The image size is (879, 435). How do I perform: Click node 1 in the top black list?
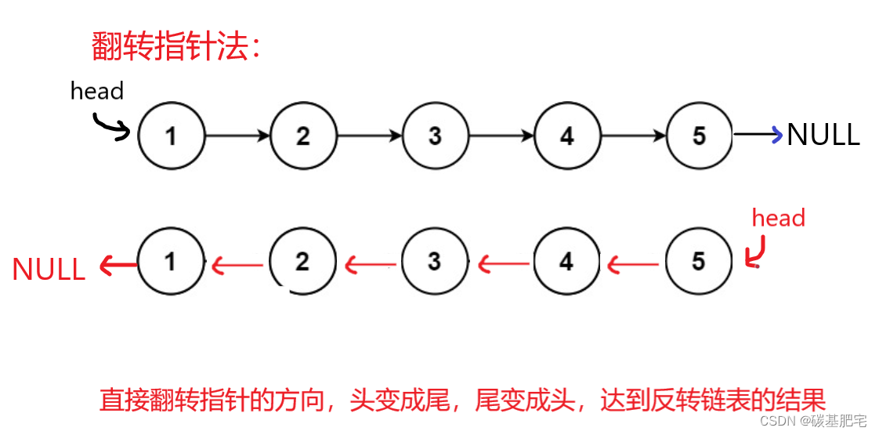[x=171, y=136]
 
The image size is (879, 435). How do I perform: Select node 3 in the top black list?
[x=435, y=136]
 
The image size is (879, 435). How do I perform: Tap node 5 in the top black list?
[x=699, y=136]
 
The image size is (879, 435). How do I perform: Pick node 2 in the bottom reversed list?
[x=302, y=262]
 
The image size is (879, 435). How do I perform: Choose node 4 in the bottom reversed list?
[x=566, y=262]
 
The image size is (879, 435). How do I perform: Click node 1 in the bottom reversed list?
[x=171, y=262]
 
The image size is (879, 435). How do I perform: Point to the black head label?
[x=97, y=91]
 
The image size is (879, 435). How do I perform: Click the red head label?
[x=778, y=218]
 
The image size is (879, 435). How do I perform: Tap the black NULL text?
[x=823, y=135]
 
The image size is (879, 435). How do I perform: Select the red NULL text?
[x=49, y=270]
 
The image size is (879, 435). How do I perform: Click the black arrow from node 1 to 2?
[x=237, y=136]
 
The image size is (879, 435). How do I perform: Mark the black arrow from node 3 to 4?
[x=501, y=136]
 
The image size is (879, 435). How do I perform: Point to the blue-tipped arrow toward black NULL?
[x=758, y=135]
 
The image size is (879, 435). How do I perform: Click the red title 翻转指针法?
[x=175, y=48]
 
